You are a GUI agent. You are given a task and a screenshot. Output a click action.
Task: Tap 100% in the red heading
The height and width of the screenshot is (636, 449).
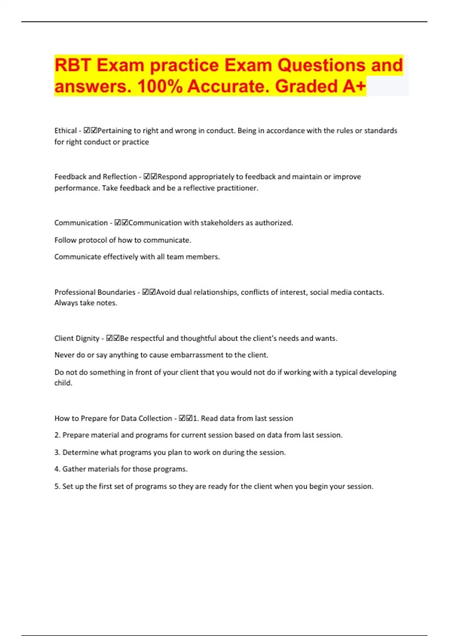point(160,86)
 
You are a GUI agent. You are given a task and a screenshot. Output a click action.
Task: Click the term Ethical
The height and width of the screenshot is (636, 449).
point(65,131)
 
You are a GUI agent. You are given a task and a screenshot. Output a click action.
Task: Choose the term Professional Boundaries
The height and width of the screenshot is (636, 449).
point(95,292)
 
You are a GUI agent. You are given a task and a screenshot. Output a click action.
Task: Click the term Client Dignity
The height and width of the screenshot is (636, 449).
point(77,338)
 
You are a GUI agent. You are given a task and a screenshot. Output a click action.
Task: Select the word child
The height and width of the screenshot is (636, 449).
point(63,383)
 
